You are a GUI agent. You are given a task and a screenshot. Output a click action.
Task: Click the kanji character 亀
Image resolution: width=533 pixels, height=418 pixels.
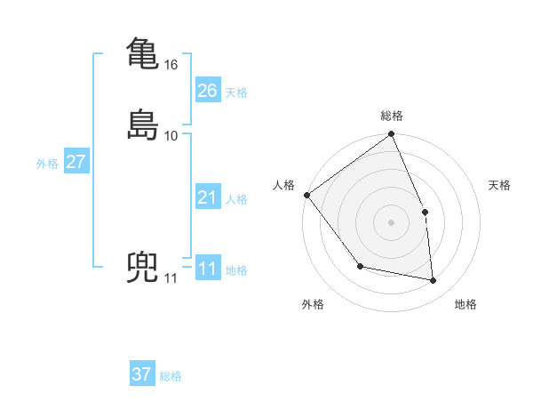(x=143, y=52)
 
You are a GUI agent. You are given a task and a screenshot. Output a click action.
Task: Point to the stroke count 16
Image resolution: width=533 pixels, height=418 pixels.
(x=171, y=65)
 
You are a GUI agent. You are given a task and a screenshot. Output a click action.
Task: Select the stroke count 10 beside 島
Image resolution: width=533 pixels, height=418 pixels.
(x=171, y=135)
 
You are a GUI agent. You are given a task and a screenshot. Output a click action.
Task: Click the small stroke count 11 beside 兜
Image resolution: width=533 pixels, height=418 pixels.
(x=171, y=278)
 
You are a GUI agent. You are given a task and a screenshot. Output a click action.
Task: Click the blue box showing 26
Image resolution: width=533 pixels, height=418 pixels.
(x=207, y=91)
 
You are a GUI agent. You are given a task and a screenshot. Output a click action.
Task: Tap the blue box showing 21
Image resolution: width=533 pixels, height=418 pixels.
(x=207, y=197)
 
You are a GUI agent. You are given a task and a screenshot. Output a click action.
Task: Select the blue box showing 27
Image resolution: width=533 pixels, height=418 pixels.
(x=76, y=162)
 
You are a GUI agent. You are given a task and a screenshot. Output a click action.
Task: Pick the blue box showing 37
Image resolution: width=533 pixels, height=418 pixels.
(x=142, y=374)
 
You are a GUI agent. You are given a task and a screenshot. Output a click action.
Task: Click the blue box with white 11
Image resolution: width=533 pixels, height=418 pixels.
(x=207, y=269)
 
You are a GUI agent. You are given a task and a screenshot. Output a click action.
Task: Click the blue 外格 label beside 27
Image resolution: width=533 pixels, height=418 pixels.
(x=47, y=164)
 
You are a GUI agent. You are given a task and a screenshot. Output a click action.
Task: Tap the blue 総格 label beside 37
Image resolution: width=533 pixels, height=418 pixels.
(x=171, y=376)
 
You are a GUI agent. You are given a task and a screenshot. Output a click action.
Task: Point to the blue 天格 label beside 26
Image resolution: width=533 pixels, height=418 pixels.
(x=236, y=92)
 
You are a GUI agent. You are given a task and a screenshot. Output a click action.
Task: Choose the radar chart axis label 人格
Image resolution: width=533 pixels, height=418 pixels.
(x=284, y=185)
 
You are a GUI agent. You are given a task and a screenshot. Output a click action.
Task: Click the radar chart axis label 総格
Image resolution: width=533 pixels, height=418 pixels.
(x=392, y=116)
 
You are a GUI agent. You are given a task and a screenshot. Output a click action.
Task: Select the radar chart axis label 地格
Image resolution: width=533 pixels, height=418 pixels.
(x=465, y=305)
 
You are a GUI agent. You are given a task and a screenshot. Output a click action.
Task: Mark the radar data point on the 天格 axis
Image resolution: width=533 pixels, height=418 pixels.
(x=425, y=212)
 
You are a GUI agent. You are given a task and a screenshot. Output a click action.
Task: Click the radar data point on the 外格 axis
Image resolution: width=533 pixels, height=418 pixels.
(x=360, y=266)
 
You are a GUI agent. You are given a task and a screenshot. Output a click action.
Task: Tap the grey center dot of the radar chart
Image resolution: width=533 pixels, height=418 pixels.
(x=392, y=222)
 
